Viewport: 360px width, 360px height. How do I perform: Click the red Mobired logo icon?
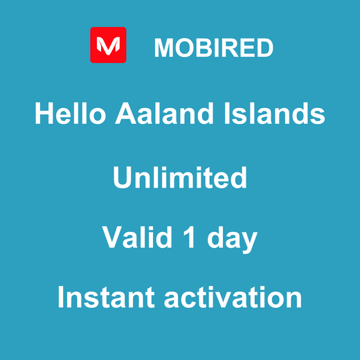pyautogui.click(x=108, y=45)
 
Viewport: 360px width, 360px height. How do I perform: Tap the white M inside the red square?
pyautogui.click(x=108, y=46)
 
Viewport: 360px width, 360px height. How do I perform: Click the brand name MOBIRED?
pyautogui.click(x=213, y=48)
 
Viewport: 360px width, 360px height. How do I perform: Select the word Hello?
pyautogui.click(x=65, y=114)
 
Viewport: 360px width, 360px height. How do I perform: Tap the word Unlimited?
pyautogui.click(x=180, y=178)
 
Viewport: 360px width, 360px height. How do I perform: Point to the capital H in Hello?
pyautogui.click(x=44, y=114)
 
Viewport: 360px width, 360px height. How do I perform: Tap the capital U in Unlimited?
pyautogui.click(x=122, y=178)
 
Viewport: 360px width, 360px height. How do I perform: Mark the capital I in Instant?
pyautogui.click(x=62, y=298)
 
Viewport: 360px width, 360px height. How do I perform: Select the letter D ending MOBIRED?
pyautogui.click(x=264, y=48)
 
